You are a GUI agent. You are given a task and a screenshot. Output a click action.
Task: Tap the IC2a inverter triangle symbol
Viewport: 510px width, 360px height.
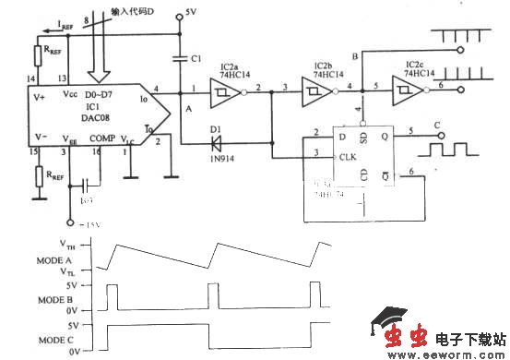coord(224,92)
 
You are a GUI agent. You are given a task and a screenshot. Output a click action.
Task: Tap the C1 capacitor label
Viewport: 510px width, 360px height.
coord(195,58)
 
